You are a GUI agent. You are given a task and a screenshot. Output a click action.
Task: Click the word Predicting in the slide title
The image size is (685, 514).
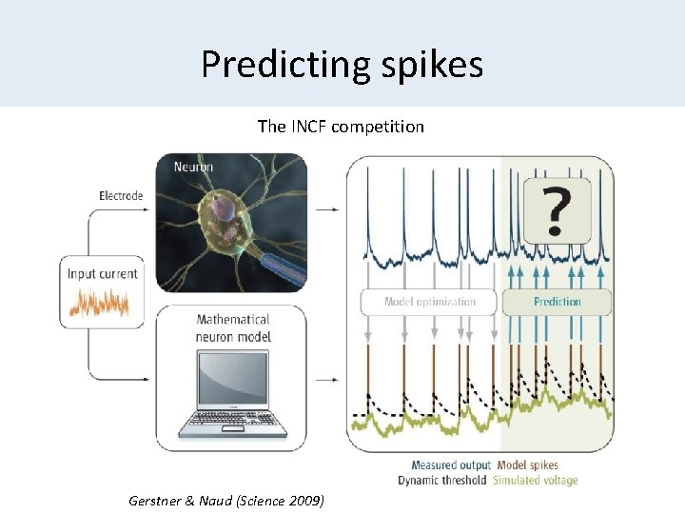276,64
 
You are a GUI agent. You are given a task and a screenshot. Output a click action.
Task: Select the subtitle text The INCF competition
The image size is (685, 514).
341,126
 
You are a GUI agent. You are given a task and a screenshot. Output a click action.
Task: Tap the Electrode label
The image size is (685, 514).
121,196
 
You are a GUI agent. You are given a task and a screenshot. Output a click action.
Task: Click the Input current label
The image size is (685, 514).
102,273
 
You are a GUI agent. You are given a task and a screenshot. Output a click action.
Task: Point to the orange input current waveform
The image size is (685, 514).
102,303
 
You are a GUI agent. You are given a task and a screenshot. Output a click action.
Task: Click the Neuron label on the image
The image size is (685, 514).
193,167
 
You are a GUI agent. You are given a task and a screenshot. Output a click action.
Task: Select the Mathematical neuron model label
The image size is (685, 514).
233,328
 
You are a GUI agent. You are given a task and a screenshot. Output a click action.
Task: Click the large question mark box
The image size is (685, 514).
557,209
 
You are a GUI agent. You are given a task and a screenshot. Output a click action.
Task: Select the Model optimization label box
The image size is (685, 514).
429,302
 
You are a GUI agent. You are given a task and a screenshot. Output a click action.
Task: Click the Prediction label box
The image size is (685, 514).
557,302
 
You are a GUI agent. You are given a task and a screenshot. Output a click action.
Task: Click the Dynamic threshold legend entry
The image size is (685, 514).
441,481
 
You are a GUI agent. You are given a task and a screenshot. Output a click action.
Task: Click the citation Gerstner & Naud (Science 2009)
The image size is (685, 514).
225,501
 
